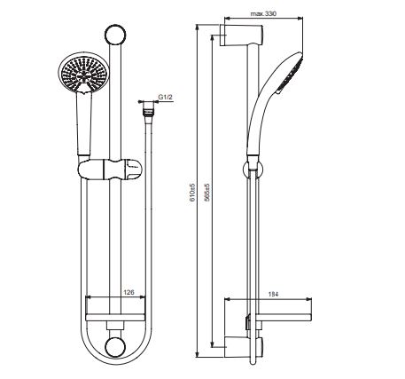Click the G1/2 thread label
point(166,97)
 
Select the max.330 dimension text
point(263,13)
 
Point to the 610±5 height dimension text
point(192,192)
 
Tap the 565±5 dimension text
point(207,193)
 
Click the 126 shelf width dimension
point(129,292)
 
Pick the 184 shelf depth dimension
point(273,294)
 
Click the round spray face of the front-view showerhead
point(83,73)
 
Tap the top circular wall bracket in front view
point(115,35)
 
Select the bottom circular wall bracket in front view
point(115,347)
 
